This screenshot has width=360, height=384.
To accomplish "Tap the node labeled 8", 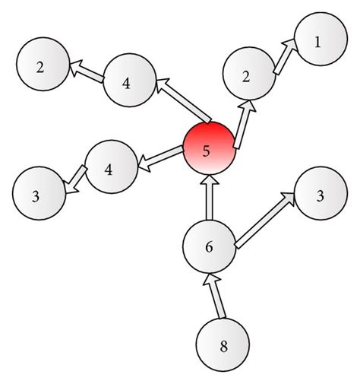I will click(x=223, y=346).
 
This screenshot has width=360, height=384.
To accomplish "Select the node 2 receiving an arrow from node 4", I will click(x=41, y=67).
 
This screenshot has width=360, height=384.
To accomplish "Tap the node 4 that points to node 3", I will click(x=111, y=169).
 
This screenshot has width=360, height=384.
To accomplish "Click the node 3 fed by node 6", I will click(x=319, y=196).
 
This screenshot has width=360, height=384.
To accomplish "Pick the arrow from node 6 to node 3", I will click(x=265, y=220).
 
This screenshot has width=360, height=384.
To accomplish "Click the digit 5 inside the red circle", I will click(x=206, y=150).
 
